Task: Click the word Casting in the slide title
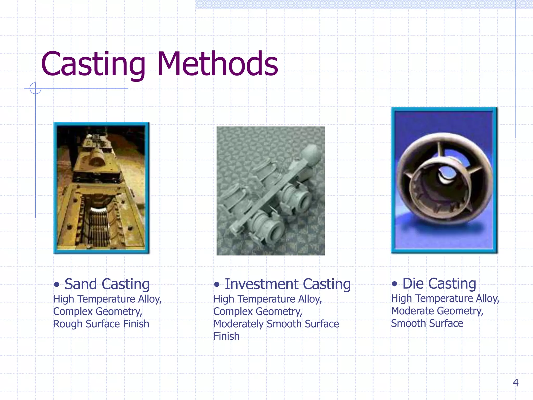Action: tap(93, 64)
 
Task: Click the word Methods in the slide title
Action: tap(218, 64)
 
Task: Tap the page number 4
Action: tap(516, 383)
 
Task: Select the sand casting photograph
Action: tap(101, 188)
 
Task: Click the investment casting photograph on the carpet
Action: tap(270, 191)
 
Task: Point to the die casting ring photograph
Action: tap(444, 180)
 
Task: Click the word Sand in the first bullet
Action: tap(81, 284)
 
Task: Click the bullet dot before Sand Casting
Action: tap(56, 284)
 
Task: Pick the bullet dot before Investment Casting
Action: tap(217, 284)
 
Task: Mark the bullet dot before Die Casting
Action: tap(394, 284)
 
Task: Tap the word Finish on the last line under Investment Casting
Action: tap(226, 336)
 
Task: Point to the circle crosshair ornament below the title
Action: tap(35, 88)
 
